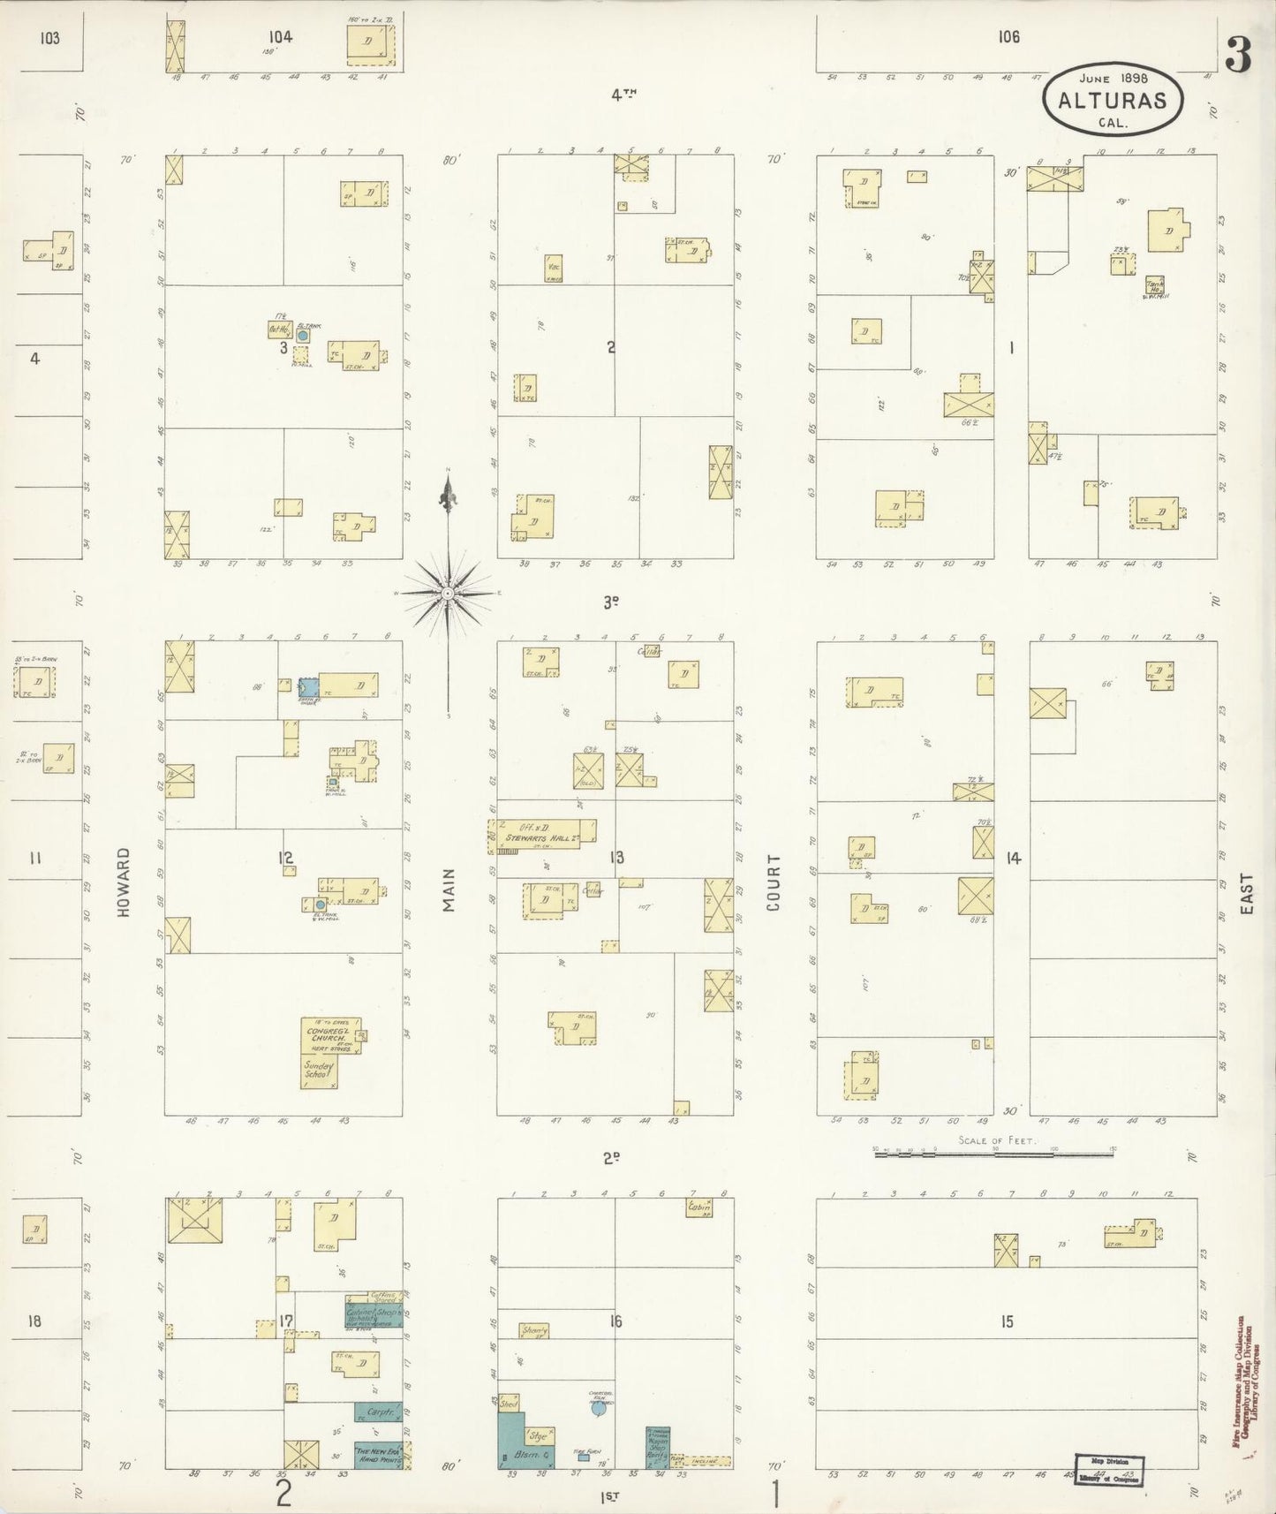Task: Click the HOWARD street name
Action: point(123,882)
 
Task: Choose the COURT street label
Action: point(775,882)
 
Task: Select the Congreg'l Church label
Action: point(329,1035)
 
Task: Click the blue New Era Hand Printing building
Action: point(379,1452)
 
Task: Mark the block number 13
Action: point(616,856)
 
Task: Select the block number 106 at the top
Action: point(1008,37)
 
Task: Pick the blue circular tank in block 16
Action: point(598,1412)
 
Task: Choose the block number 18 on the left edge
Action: point(34,1321)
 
